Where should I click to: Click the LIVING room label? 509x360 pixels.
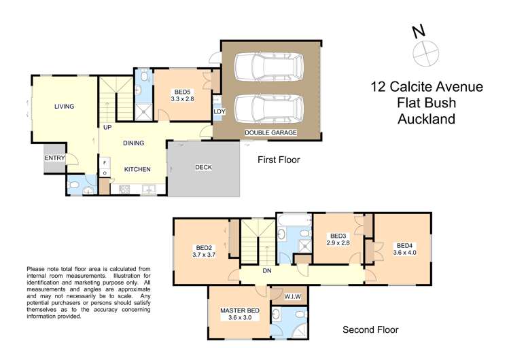[x=65, y=106]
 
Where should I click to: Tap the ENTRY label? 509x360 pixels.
[x=55, y=158]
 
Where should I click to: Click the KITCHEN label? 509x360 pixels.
[x=137, y=169]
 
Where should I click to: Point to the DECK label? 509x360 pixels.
[x=205, y=167]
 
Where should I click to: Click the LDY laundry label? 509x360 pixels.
[x=219, y=111]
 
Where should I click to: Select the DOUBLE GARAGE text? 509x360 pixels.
[x=270, y=132]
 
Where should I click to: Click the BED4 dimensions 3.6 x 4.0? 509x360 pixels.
[x=405, y=253]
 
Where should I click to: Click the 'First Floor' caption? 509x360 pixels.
[x=278, y=160]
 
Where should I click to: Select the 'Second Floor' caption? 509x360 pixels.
[x=370, y=330]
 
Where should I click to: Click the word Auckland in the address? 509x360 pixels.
[x=426, y=119]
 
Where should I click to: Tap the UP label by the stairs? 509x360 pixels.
[x=107, y=127]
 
